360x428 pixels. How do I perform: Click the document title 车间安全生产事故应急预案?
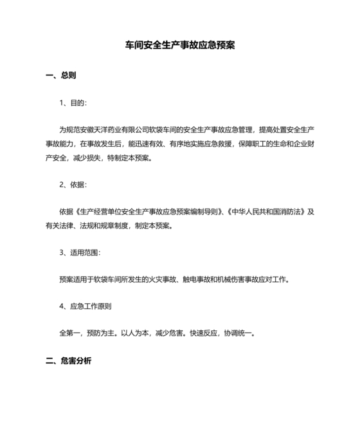[x=180, y=46]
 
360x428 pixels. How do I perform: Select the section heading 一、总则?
[x=61, y=75]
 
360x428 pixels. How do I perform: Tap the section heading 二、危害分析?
[x=69, y=361]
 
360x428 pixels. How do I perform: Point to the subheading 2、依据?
[x=73, y=185]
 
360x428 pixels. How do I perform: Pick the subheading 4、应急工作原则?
[x=85, y=306]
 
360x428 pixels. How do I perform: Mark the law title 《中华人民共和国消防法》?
[x=262, y=212]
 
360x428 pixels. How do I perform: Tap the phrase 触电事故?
[x=192, y=279]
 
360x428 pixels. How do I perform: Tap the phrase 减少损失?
[x=87, y=158]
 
